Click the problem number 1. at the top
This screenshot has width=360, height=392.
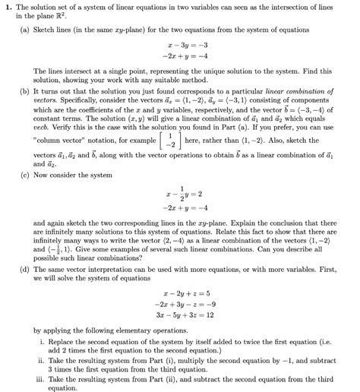coord(8,8)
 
